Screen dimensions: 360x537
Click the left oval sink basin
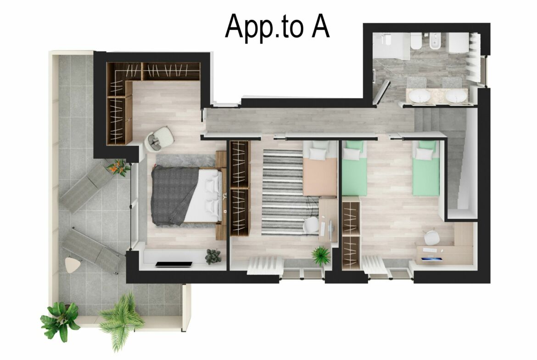[420, 96]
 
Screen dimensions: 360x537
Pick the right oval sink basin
[455, 96]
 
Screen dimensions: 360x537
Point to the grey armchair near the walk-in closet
[160, 138]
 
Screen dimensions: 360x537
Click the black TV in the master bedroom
[173, 264]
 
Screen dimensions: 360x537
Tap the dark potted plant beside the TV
[213, 256]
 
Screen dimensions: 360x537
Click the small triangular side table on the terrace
[72, 264]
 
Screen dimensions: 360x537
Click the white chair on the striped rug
[312, 225]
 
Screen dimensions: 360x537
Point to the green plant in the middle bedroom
[320, 255]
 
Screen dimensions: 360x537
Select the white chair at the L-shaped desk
[431, 237]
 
